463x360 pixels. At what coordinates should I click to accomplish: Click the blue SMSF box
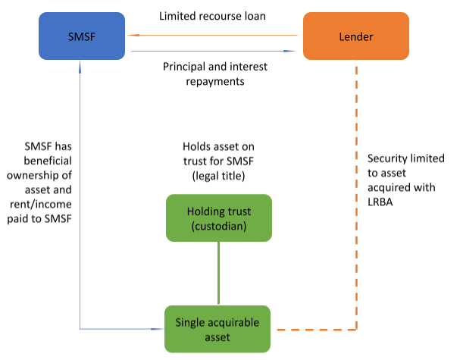(x=82, y=36)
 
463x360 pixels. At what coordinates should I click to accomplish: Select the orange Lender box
(x=356, y=36)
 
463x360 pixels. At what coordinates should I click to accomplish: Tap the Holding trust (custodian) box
(x=219, y=218)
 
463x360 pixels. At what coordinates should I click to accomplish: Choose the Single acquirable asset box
(x=217, y=329)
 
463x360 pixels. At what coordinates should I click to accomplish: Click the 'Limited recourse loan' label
(x=212, y=16)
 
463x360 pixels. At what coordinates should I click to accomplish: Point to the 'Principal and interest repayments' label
(x=215, y=74)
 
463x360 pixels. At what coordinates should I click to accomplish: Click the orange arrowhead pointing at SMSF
(x=133, y=35)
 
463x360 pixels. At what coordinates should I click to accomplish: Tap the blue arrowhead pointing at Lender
(x=289, y=51)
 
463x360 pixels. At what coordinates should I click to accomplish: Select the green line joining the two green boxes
(x=218, y=274)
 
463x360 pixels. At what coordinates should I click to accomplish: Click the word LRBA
(x=380, y=202)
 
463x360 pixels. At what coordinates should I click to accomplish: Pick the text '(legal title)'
(x=218, y=176)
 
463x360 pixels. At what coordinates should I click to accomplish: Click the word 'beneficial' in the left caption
(x=48, y=161)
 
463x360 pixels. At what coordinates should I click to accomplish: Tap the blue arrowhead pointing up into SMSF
(x=80, y=67)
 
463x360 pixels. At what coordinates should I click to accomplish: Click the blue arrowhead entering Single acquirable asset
(x=157, y=329)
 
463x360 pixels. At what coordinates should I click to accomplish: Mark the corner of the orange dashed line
(x=356, y=330)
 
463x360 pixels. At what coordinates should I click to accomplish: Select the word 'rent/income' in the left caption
(x=41, y=204)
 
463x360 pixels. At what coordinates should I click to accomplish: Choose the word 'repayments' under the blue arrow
(x=215, y=82)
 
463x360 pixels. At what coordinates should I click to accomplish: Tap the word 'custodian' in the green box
(x=219, y=226)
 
